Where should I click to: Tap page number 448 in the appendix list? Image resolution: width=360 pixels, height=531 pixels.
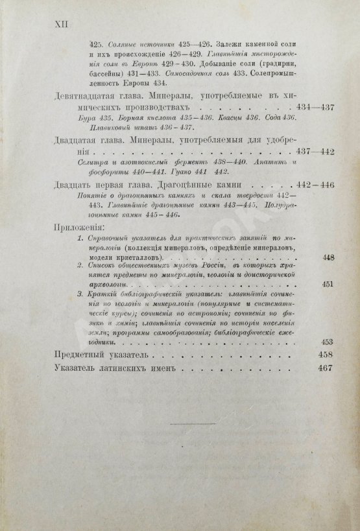[x=328, y=257]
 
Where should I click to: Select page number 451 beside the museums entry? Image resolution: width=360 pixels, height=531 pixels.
[x=328, y=283]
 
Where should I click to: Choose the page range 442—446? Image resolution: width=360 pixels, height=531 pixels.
[x=315, y=185]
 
